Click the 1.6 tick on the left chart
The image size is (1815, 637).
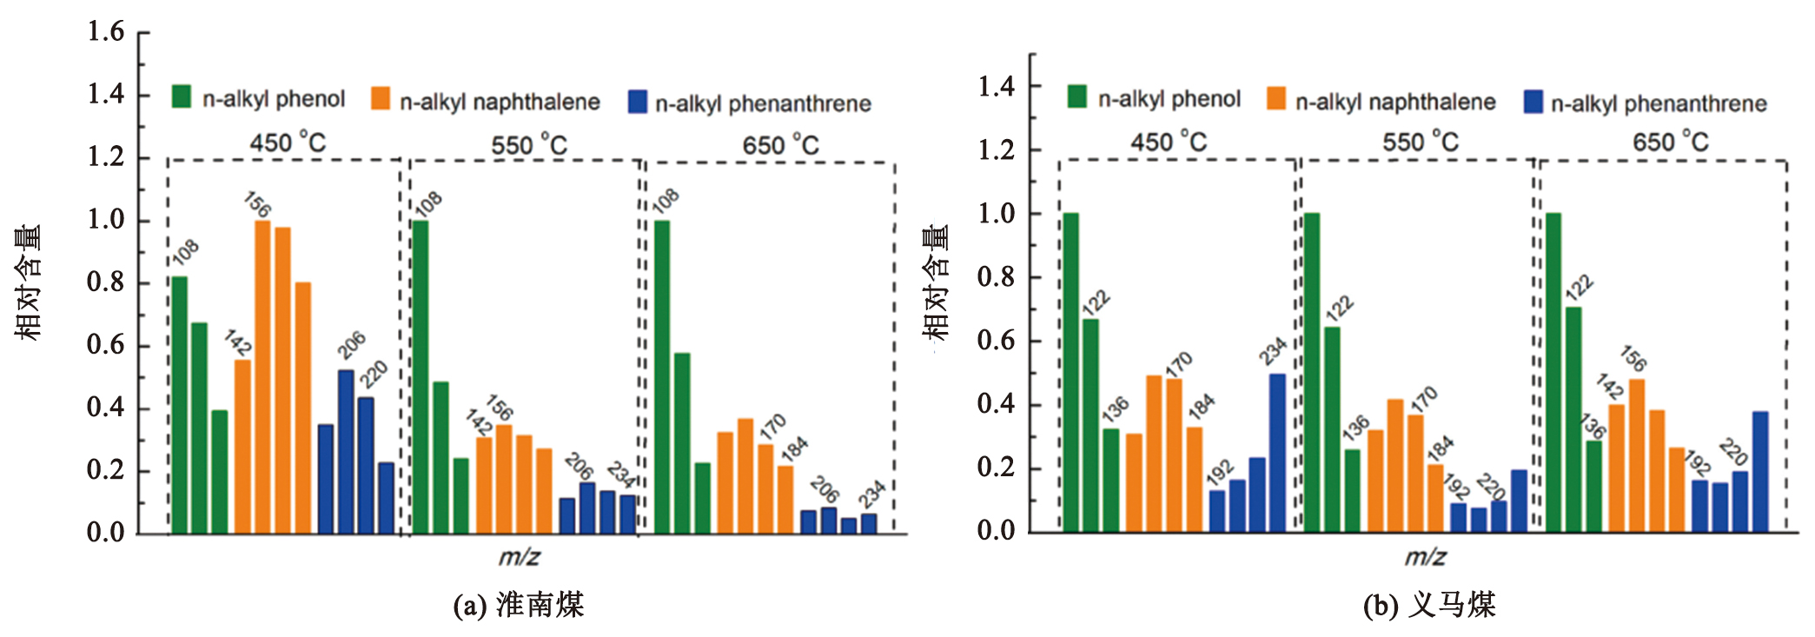(x=105, y=32)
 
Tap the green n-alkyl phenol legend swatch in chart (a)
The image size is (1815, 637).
(x=182, y=96)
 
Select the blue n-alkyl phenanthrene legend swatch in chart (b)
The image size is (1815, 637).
(x=1533, y=102)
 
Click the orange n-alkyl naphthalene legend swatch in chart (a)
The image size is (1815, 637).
(x=381, y=98)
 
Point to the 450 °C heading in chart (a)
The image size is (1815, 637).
(x=288, y=142)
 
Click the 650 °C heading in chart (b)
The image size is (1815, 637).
(x=1670, y=141)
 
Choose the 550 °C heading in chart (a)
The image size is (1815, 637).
(x=528, y=144)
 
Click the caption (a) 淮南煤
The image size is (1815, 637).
(x=519, y=605)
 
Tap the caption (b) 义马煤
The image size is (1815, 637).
(x=1429, y=605)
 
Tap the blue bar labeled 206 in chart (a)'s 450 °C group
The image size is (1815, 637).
(x=346, y=450)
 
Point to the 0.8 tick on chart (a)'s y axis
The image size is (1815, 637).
(x=105, y=282)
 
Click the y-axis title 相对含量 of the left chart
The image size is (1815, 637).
(x=28, y=282)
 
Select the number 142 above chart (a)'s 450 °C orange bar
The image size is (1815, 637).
(x=237, y=342)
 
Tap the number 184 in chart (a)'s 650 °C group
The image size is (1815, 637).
(x=794, y=448)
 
